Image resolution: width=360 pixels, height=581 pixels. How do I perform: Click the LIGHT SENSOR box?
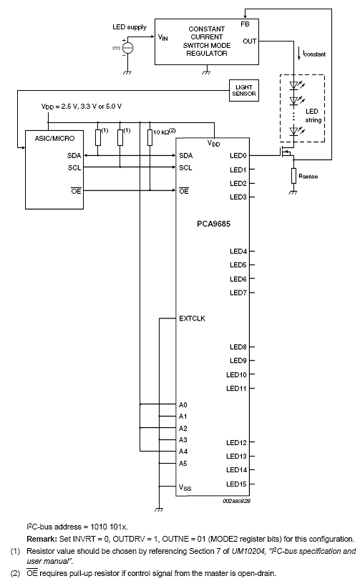click(x=243, y=90)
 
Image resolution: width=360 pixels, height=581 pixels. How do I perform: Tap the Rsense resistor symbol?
click(x=293, y=176)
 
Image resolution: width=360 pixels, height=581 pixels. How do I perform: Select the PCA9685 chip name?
click(x=213, y=224)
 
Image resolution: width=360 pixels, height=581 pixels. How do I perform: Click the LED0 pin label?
click(x=238, y=156)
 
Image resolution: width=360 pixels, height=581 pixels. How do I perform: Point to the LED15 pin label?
click(x=236, y=484)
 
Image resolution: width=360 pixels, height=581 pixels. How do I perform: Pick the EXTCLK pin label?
click(x=192, y=318)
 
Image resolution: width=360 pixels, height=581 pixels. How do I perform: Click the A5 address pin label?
click(x=183, y=463)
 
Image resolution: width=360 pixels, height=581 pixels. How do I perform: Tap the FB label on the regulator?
click(x=245, y=24)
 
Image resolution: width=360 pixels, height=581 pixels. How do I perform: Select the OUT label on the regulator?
click(x=250, y=41)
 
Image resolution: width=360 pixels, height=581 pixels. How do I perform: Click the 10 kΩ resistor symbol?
click(x=150, y=137)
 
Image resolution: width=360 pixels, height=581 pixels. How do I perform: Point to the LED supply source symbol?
click(x=127, y=48)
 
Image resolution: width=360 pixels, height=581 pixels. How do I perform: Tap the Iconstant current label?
click(x=314, y=54)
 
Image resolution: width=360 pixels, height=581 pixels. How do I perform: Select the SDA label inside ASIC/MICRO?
click(x=74, y=156)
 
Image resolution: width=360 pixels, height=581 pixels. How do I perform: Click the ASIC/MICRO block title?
click(x=54, y=139)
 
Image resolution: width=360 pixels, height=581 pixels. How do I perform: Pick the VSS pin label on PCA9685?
click(x=185, y=488)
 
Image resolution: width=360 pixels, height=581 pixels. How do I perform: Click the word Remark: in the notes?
click(x=42, y=539)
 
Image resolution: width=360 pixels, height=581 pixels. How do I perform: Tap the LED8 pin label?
click(x=238, y=347)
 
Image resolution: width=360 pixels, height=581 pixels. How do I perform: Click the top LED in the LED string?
click(x=294, y=85)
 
